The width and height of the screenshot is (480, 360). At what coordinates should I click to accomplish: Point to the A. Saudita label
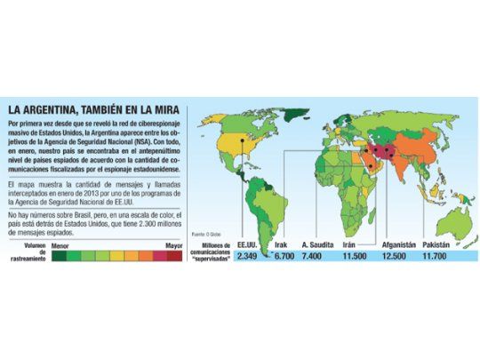click(316, 244)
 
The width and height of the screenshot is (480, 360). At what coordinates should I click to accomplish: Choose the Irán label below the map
click(349, 244)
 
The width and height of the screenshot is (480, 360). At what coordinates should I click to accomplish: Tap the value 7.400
click(315, 257)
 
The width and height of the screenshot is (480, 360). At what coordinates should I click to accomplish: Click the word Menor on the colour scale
click(61, 241)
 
